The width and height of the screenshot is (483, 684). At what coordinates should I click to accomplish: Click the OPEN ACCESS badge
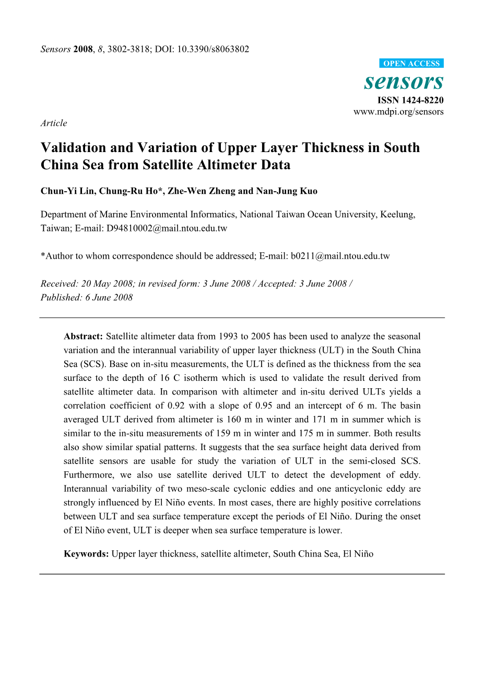point(411,64)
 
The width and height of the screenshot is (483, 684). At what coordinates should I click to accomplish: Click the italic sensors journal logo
point(404,82)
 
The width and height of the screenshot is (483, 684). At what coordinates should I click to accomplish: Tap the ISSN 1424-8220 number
point(410,100)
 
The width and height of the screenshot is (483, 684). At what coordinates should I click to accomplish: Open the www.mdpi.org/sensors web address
point(398,112)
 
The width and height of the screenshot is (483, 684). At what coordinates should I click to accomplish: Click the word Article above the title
point(54,123)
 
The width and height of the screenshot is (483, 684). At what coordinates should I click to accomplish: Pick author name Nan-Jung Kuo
point(287,191)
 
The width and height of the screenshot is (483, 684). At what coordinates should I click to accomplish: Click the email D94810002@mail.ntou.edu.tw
point(167,228)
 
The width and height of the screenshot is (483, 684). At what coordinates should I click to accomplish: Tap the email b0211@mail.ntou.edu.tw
point(340,256)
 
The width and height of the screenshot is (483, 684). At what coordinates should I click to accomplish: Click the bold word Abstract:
point(84,337)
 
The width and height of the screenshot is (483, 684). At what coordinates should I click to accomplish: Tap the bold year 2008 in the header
point(84,50)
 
